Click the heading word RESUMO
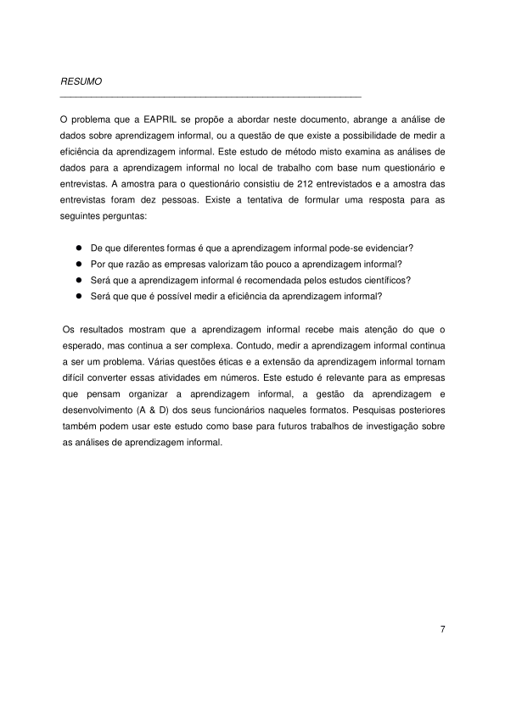pos(81,82)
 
